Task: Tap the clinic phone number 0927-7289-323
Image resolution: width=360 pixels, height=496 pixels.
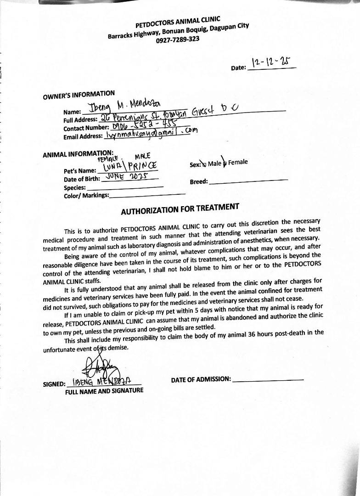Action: (x=178, y=39)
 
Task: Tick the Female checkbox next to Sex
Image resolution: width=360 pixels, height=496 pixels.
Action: (x=225, y=163)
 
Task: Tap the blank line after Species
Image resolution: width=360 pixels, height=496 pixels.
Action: (x=125, y=187)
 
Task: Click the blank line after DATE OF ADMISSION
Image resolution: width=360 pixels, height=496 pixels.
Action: (x=268, y=379)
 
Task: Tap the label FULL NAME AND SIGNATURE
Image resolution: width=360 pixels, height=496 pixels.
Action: (x=104, y=391)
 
